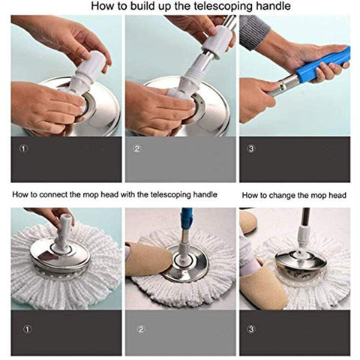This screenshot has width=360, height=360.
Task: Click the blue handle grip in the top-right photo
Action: click(323, 64)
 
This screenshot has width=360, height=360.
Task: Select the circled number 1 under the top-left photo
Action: click(23, 149)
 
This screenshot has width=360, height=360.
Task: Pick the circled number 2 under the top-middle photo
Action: click(137, 149)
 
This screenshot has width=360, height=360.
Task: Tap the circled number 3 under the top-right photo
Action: click(250, 149)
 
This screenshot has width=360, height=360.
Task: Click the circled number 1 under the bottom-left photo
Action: click(28, 329)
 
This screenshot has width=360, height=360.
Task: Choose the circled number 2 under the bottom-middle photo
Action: click(141, 329)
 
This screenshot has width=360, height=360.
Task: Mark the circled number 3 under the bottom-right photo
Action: click(250, 329)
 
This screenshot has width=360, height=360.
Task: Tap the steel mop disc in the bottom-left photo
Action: click(60, 257)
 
